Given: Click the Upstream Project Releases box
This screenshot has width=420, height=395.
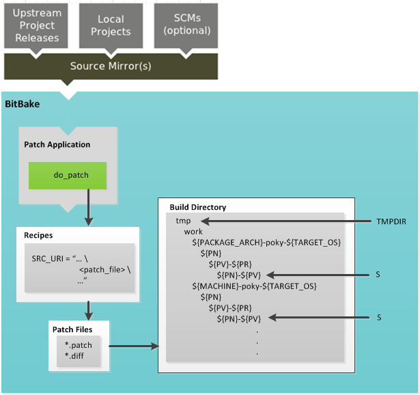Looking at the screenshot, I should coord(37,25).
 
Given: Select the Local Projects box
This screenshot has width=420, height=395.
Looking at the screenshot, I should coord(110,25).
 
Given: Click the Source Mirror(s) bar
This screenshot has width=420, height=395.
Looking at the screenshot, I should coord(111,66).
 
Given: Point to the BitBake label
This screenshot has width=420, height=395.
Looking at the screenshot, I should coord(23,104).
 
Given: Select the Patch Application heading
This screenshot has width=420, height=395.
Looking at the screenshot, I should coord(57,145).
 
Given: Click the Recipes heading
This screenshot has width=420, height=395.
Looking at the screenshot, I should coord(38,235).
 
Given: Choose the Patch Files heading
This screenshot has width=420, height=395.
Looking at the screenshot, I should coord(72,329).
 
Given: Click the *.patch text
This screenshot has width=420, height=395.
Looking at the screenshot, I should coord(78,344).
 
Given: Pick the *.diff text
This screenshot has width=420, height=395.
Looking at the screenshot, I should coord(74,355).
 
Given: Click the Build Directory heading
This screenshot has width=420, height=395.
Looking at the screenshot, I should coord(197,207).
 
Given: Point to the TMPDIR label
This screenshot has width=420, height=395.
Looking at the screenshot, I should coord(391,221).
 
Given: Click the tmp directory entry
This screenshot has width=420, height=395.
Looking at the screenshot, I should coord(183,221).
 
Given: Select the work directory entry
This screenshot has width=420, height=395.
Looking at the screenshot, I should coord(193,232).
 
